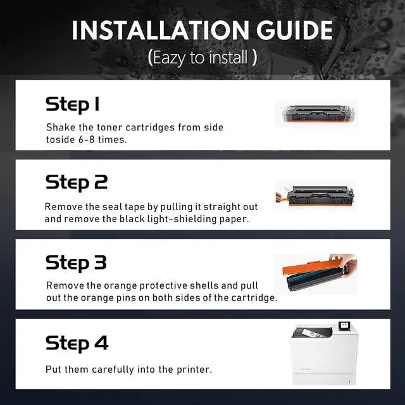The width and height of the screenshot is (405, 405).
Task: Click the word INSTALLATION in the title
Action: pos(160,30)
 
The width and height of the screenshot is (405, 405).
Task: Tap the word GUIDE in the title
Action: pos(294,30)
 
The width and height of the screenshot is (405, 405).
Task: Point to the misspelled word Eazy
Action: pos(169,58)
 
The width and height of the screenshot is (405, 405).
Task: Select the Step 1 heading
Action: pos(72,104)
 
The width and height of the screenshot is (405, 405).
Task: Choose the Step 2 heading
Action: pos(77,183)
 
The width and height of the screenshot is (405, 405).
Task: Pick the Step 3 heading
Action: pos(76,263)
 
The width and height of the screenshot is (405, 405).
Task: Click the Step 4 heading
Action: pos(77,344)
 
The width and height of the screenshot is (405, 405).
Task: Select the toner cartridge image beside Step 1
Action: pos(317,113)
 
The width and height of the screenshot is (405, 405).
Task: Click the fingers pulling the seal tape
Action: pos(278,197)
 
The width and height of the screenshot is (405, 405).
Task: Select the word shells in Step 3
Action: pos(204,285)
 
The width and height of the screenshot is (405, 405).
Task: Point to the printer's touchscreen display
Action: pos(344,326)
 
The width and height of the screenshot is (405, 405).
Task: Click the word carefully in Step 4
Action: pos(113,370)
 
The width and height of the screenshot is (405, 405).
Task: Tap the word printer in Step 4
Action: pos(193,370)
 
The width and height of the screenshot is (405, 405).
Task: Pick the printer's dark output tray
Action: pos(312,333)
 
